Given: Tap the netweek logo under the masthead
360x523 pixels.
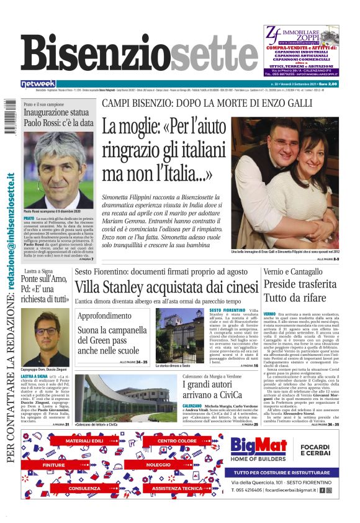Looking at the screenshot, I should pyautogui.click(x=38, y=83).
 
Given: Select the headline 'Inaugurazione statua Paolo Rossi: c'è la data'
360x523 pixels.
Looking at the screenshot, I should pyautogui.click(x=59, y=117).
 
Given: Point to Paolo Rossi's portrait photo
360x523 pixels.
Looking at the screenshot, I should pyautogui.click(x=59, y=168).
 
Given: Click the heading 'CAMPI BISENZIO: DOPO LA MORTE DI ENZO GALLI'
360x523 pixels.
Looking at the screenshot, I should pyautogui.click(x=220, y=102).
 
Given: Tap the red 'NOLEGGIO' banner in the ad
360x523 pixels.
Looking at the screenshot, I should pyautogui.click(x=158, y=464).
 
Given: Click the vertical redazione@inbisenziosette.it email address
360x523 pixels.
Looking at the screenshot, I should pyautogui.click(x=11, y=249).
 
